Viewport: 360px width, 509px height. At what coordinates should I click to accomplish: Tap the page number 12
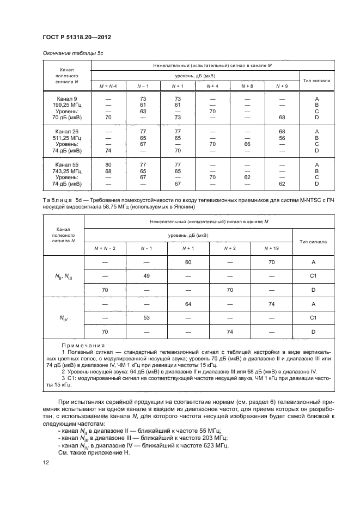45,462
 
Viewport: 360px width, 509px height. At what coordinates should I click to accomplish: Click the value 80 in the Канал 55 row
108,164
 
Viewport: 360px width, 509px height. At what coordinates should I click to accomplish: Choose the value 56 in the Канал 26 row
282,138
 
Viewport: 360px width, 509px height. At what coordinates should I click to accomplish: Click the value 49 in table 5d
147,276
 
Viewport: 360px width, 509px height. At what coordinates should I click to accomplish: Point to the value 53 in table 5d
147,316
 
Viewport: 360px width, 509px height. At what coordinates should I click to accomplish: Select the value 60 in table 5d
188,262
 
